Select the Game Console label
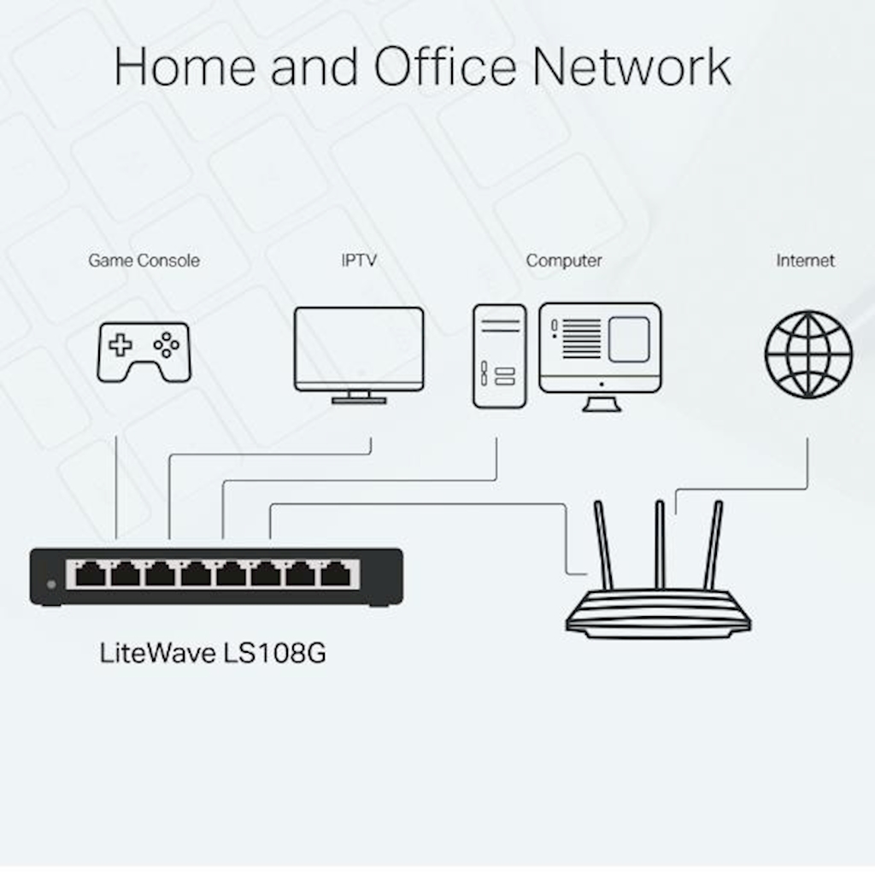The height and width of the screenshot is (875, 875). click(144, 261)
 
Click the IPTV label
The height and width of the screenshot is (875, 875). click(358, 261)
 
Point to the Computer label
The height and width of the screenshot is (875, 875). click(564, 261)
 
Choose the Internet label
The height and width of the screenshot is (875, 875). click(805, 261)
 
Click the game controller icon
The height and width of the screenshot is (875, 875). click(144, 351)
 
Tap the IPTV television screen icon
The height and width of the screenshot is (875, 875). click(359, 349)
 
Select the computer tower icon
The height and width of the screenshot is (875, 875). click(499, 355)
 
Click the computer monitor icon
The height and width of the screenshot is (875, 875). click(600, 349)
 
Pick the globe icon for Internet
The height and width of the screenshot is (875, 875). click(807, 354)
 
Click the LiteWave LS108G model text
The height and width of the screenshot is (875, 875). click(213, 654)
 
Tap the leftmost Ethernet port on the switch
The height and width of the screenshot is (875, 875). click(90, 574)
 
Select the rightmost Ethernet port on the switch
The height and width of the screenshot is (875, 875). click(336, 574)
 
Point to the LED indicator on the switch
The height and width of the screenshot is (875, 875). click(51, 584)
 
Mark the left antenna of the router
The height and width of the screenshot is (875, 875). click(603, 544)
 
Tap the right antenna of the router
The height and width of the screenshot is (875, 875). click(714, 544)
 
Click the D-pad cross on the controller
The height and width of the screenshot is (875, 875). click(120, 345)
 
